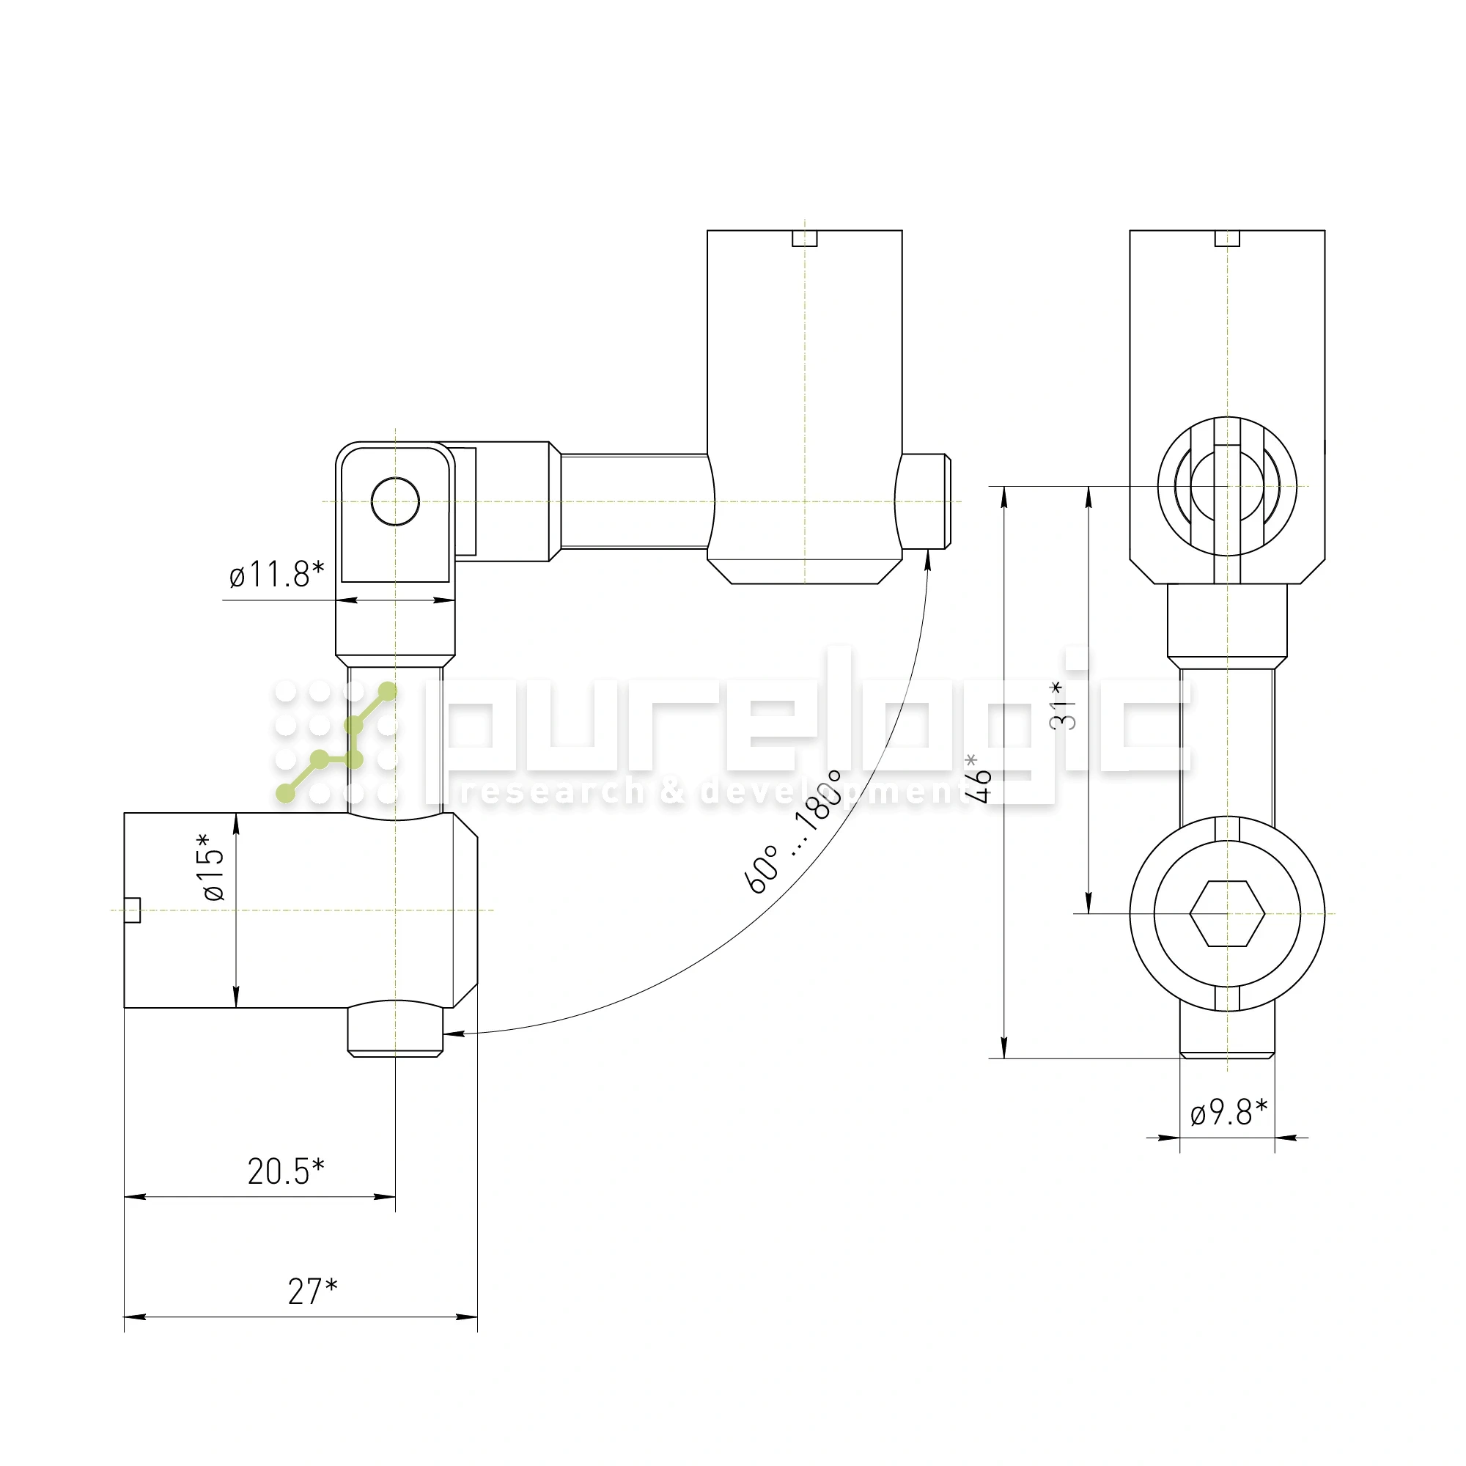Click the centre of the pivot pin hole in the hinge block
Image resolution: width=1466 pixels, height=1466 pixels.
pyautogui.click(x=395, y=501)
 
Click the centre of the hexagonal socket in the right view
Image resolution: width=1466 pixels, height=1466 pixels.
pyautogui.click(x=1227, y=913)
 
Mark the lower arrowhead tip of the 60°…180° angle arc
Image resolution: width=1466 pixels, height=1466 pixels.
pyautogui.click(x=444, y=1034)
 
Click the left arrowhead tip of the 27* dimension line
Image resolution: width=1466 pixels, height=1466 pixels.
pyautogui.click(x=125, y=1316)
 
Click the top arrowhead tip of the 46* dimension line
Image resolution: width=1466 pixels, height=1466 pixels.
pyautogui.click(x=1005, y=487)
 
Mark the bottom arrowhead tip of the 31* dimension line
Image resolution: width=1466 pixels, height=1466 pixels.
pyautogui.click(x=1090, y=913)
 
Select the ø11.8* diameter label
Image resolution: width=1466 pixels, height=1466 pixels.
pyautogui.click(x=277, y=574)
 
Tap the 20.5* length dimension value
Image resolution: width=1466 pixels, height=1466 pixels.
pyautogui.click(x=286, y=1171)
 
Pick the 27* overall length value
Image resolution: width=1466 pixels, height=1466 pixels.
pyautogui.click(x=313, y=1292)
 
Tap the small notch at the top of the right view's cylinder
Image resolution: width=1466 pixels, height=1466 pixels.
pyautogui.click(x=1227, y=238)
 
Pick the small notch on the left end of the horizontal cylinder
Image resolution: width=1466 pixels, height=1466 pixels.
pyautogui.click(x=132, y=910)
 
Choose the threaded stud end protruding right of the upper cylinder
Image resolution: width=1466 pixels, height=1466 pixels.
pyautogui.click(x=924, y=501)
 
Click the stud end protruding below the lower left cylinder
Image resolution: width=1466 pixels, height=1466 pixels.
pyautogui.click(x=395, y=1029)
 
